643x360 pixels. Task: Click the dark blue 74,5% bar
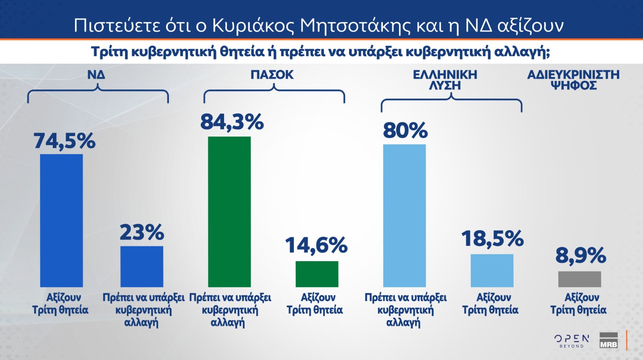tap(61, 220)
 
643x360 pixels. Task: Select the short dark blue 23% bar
tap(142, 266)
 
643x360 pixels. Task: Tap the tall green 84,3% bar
tap(230, 212)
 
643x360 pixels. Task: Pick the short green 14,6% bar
tap(317, 274)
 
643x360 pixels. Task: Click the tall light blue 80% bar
tap(404, 215)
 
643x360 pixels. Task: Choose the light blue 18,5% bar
tap(492, 270)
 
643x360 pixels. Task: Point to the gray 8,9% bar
tap(579, 279)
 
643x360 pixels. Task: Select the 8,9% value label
tap(581, 256)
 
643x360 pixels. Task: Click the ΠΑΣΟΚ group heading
tap(272, 75)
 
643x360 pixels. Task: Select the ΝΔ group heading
tap(97, 75)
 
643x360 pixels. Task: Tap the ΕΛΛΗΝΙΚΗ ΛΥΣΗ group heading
tap(451, 80)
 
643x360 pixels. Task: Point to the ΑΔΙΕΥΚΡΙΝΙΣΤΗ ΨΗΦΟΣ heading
tap(573, 80)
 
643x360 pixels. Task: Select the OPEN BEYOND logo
tap(571, 341)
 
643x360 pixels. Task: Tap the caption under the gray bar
tap(578, 303)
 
